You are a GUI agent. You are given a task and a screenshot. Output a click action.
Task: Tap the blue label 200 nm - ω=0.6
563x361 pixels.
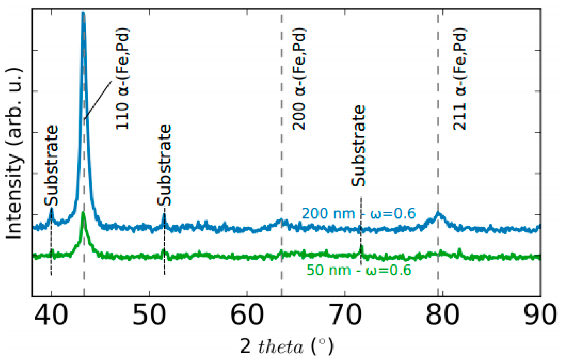pyautogui.click(x=358, y=214)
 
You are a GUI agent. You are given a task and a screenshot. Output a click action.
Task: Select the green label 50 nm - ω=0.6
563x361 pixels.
pyautogui.click(x=359, y=270)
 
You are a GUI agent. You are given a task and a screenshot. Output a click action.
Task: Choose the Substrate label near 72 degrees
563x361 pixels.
pyautogui.click(x=358, y=146)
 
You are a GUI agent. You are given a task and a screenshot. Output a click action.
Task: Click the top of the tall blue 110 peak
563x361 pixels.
pyautogui.click(x=83, y=13)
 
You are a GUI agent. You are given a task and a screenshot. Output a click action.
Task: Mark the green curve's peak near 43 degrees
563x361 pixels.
pyautogui.click(x=83, y=213)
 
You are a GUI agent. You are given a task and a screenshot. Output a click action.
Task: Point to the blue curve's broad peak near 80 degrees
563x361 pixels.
pyautogui.click(x=438, y=213)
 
